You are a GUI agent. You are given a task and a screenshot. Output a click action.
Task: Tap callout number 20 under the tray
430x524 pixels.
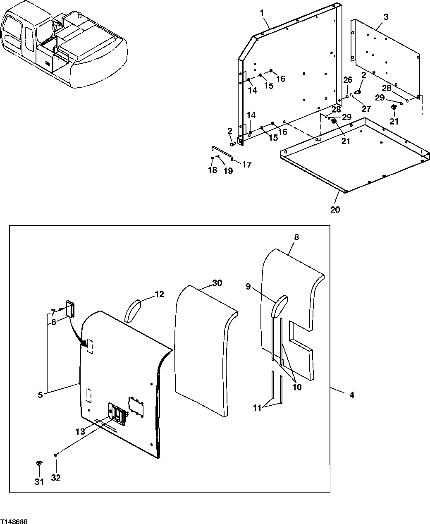tap(335, 209)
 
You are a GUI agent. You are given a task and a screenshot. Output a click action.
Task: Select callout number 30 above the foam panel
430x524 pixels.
tap(217, 283)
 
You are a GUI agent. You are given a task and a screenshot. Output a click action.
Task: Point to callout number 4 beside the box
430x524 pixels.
tap(351, 395)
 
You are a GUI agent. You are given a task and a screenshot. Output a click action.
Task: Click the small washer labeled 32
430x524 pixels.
tap(55, 455)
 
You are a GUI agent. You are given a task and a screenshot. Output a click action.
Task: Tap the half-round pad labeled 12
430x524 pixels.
tap(133, 310)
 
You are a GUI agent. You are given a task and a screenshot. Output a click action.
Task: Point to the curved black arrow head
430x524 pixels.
tap(87, 343)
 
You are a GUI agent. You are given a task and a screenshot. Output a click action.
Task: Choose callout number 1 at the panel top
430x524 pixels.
tap(262, 13)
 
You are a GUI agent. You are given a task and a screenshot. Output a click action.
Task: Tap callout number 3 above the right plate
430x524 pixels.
tap(385, 17)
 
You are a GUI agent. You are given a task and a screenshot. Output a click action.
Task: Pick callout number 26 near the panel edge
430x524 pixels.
tap(348, 80)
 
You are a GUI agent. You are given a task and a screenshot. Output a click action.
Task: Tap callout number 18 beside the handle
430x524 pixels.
tap(212, 170)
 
